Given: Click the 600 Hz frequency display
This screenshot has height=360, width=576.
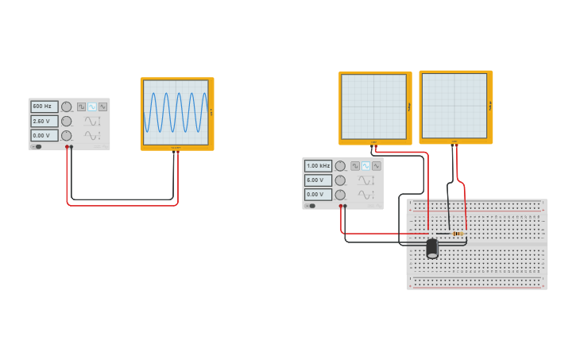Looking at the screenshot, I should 44,106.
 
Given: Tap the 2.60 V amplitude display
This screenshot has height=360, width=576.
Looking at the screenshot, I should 44,121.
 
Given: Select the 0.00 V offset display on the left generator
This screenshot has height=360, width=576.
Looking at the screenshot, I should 44,135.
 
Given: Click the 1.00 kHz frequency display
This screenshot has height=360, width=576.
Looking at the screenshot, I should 318,165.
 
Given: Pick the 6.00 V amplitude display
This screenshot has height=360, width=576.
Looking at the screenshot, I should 318,180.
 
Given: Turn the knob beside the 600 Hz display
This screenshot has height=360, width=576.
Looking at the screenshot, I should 67,106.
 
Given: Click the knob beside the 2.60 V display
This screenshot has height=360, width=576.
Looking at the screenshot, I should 67,121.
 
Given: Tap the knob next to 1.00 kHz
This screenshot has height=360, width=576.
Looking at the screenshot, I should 340,166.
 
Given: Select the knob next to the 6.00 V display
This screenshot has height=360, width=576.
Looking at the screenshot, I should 340,180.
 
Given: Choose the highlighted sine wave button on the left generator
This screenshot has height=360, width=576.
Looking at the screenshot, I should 92,106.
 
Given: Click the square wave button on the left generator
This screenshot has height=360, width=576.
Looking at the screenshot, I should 82,106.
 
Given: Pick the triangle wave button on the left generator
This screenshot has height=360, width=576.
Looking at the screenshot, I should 102,106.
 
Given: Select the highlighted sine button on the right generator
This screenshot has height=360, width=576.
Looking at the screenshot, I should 365,166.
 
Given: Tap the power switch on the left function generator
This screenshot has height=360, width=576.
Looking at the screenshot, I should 37,146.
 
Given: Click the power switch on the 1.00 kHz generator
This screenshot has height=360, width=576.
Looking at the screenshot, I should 311,206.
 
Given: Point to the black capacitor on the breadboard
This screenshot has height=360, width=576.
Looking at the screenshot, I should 432,248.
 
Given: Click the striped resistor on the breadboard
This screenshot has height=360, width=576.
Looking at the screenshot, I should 458,233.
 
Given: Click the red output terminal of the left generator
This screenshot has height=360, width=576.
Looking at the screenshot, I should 68,147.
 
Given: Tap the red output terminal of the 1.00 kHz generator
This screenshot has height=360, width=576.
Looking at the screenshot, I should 341,206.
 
